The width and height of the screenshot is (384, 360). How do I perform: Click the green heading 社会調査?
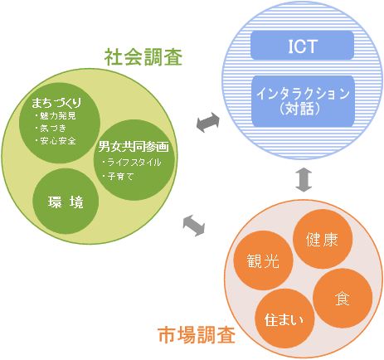(x=143, y=57)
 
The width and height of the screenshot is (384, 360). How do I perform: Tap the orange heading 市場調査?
(x=197, y=335)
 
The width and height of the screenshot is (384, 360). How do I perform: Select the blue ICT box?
(x=302, y=46)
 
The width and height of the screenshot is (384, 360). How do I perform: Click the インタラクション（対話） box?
(x=303, y=101)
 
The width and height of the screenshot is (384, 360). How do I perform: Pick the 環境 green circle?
(x=66, y=202)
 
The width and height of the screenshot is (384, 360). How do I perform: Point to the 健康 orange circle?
(x=323, y=239)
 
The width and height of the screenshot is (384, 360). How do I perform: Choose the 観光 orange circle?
(x=263, y=260)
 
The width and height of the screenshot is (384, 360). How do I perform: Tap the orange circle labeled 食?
(x=343, y=299)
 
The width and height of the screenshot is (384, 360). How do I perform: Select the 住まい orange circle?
(x=284, y=319)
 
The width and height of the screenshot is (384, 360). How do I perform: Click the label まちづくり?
(x=56, y=103)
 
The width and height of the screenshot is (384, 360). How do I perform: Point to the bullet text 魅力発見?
(x=58, y=115)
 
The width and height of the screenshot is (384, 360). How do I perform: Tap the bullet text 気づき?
(x=53, y=128)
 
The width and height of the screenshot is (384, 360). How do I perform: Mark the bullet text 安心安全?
(x=58, y=141)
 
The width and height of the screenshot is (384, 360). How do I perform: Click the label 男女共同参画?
(x=134, y=147)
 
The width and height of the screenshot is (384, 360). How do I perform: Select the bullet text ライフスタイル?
(x=134, y=162)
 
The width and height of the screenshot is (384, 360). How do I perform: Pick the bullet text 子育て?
(x=120, y=176)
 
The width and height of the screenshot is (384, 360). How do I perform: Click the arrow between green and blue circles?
(x=208, y=122)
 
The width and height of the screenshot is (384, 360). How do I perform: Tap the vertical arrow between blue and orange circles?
(x=304, y=179)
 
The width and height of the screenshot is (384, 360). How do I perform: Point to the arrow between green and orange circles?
(x=194, y=226)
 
